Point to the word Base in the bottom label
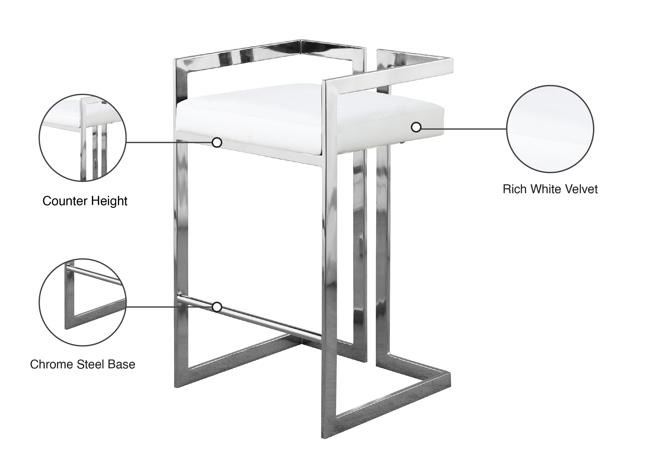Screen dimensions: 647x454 click(x=121, y=364)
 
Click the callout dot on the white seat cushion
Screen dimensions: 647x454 click(x=416, y=127)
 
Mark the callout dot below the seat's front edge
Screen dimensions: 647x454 click(x=217, y=142)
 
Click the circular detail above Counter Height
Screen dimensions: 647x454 click(x=82, y=138)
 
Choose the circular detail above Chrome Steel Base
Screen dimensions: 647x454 click(x=82, y=302)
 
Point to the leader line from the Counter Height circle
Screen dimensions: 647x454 click(x=169, y=142)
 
